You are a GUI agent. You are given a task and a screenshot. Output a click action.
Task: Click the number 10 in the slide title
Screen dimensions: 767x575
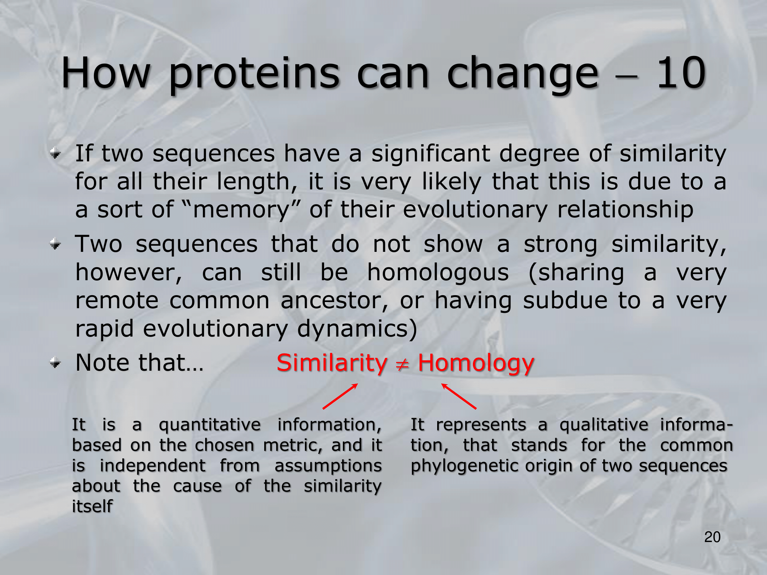click(681, 72)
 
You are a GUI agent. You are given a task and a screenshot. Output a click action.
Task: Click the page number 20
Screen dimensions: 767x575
click(712, 537)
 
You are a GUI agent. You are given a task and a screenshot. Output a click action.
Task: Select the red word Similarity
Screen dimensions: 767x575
click(332, 363)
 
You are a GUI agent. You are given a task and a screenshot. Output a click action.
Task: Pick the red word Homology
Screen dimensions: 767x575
click(476, 363)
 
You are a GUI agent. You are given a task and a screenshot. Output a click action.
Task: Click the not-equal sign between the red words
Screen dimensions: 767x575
click(402, 365)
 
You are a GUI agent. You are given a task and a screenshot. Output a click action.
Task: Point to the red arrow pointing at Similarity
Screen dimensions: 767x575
click(340, 396)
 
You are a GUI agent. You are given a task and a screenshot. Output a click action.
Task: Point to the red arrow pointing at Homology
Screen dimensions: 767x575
click(459, 396)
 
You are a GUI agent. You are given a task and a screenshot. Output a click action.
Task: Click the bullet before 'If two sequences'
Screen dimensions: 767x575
click(56, 154)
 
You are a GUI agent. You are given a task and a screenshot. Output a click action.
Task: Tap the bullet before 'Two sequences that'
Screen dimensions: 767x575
click(56, 244)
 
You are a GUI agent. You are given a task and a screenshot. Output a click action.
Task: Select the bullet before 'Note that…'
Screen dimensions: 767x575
click(56, 363)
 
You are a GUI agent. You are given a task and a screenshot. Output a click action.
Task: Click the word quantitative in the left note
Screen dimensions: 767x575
click(210, 425)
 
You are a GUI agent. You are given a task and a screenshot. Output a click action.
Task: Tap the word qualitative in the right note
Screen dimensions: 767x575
click(604, 425)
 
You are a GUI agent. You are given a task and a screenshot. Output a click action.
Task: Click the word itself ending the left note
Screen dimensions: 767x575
click(92, 506)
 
